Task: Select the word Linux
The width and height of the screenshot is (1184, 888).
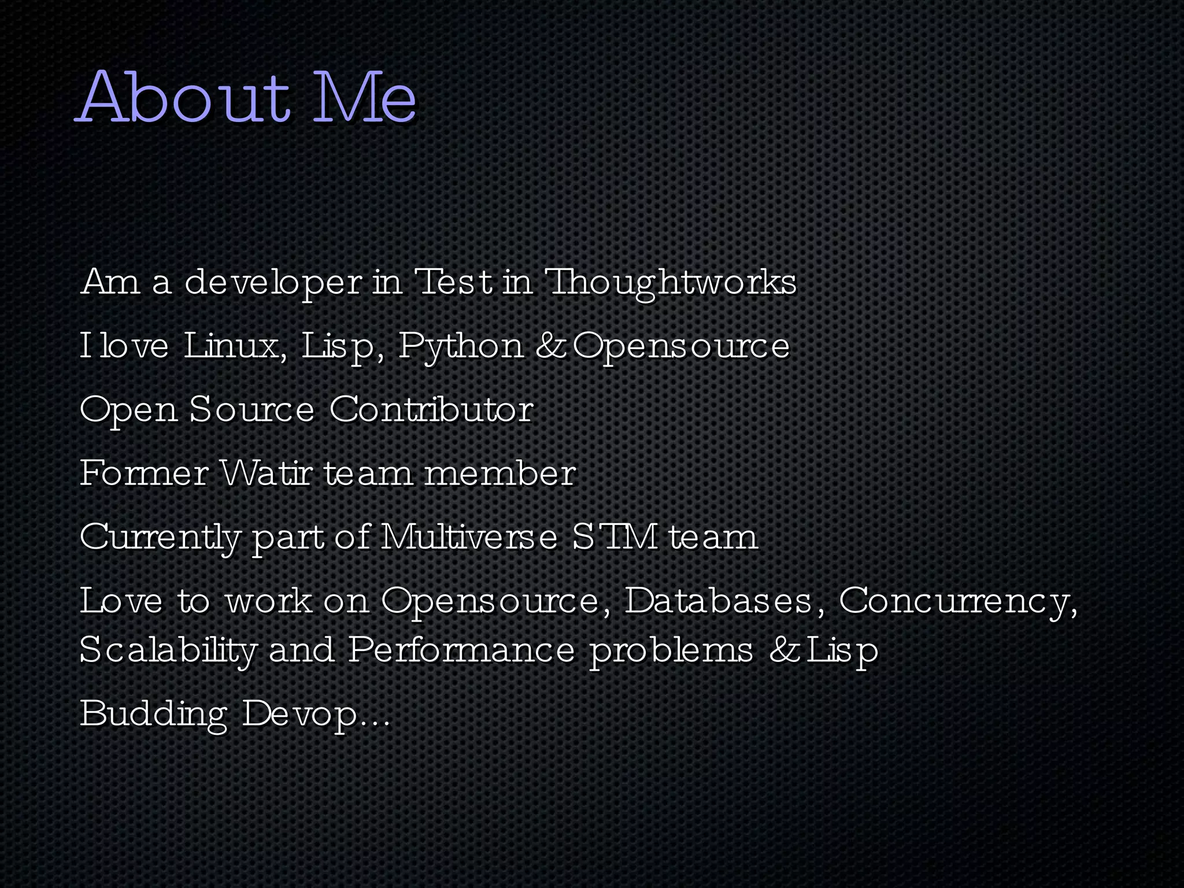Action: point(235,346)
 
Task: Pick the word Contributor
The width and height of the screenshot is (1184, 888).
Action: point(431,409)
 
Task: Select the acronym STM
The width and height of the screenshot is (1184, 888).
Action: point(615,536)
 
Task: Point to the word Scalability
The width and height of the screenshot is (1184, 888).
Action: point(168,650)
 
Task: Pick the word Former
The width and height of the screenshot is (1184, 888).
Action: point(144,473)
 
